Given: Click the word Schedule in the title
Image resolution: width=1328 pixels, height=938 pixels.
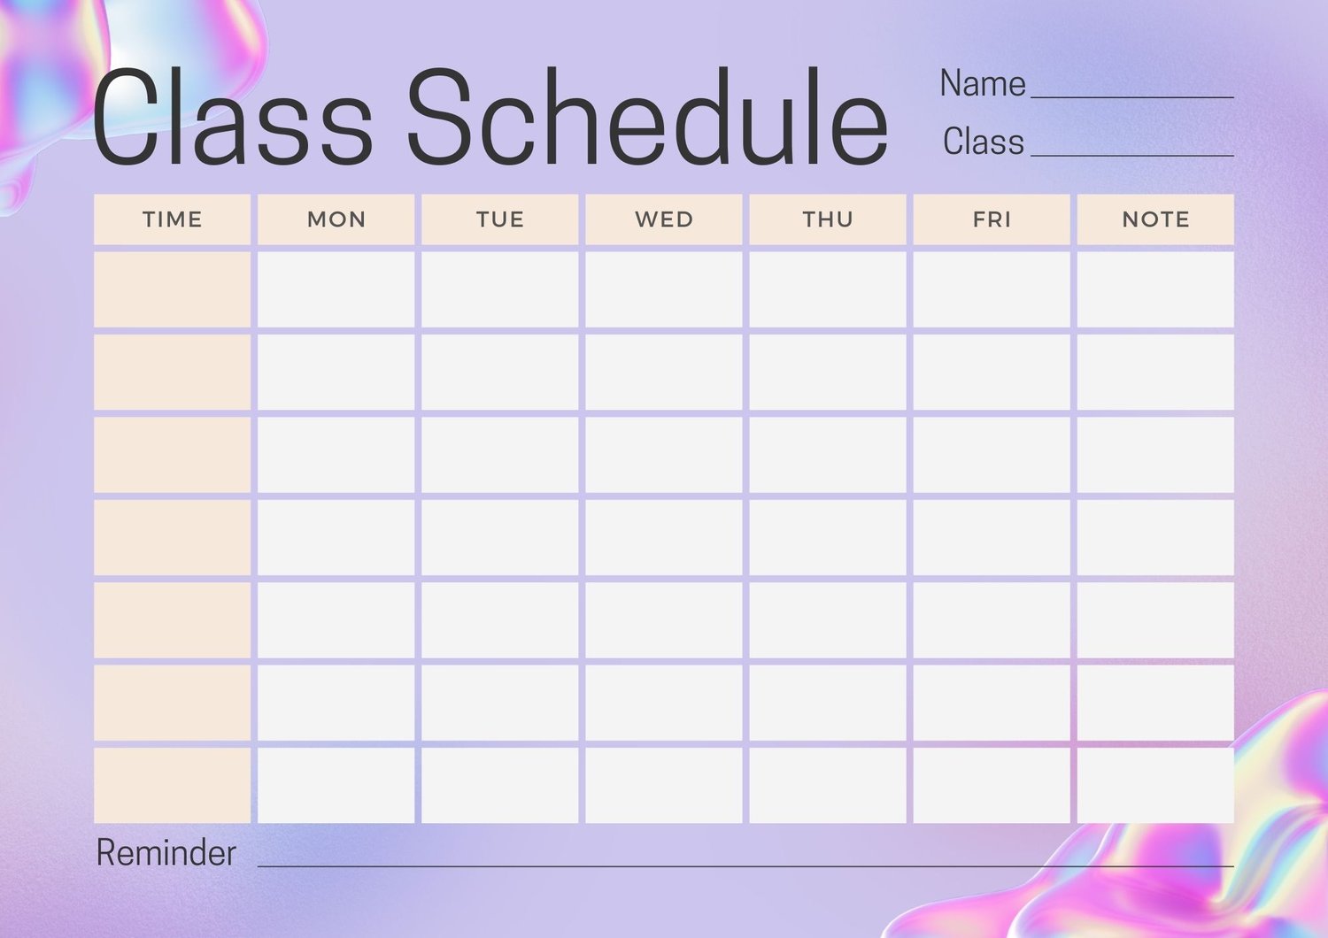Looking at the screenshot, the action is (x=647, y=116).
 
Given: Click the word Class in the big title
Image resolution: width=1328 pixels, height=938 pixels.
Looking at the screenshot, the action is (x=232, y=116).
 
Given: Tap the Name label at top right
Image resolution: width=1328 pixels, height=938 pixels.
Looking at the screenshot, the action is (x=983, y=83).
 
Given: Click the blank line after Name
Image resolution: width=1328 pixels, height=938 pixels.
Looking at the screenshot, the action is (x=1132, y=97).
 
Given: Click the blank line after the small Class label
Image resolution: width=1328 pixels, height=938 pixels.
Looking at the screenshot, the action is (x=1132, y=156).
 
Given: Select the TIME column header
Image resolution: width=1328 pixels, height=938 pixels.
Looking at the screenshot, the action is (x=172, y=219).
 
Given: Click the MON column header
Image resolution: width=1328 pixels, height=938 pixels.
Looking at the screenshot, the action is (x=336, y=219).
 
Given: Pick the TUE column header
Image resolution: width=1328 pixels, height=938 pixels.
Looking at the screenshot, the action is (x=500, y=219).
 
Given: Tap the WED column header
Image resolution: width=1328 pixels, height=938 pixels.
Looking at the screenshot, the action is (x=664, y=219).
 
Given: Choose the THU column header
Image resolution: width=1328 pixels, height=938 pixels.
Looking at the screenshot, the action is (x=828, y=219).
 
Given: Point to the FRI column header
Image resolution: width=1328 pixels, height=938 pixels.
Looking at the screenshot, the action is (x=992, y=219).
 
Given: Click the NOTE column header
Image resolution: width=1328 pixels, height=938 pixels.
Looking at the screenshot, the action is (x=1155, y=219).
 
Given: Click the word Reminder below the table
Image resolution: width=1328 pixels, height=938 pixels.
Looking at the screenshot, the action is (x=166, y=853).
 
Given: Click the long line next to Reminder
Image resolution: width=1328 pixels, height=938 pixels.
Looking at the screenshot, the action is (x=745, y=866).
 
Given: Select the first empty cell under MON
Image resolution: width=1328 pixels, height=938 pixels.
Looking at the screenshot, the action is (x=336, y=289).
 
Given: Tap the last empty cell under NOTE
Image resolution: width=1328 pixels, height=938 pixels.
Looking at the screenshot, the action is (x=1155, y=785).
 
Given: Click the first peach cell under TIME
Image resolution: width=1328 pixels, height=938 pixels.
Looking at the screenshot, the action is (x=172, y=289).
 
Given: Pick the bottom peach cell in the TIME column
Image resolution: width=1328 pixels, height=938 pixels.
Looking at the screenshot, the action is (x=172, y=785).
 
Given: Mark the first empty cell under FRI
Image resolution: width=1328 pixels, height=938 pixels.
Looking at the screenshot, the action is (x=992, y=289).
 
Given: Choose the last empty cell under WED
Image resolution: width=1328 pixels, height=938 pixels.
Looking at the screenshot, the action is (x=664, y=785).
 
